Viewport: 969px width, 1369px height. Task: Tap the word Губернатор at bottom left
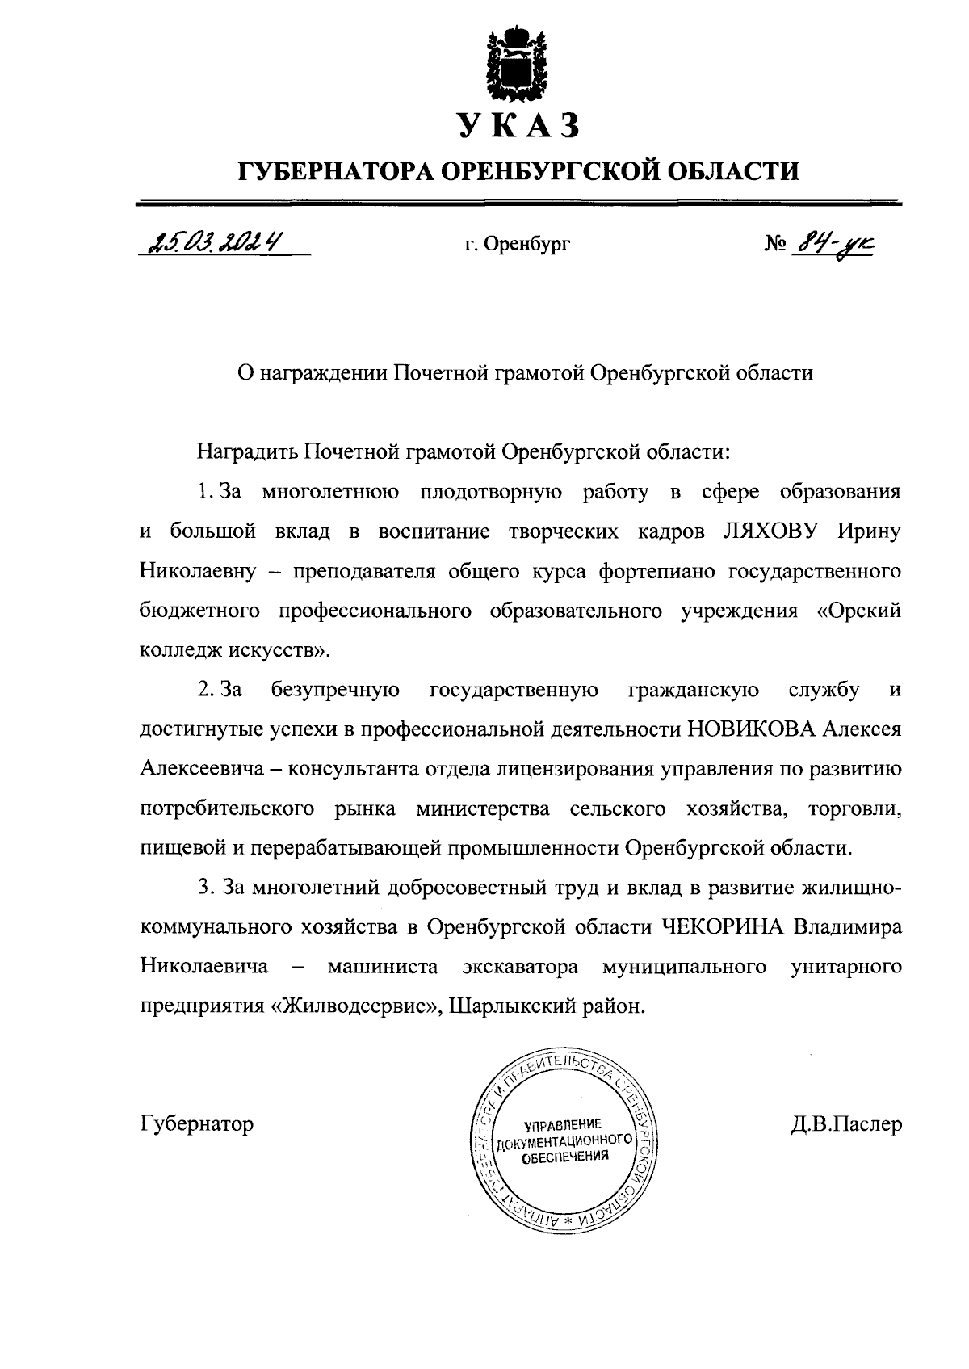coord(196,1123)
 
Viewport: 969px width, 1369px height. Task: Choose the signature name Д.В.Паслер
coord(846,1123)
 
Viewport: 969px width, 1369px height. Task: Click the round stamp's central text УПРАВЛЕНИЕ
coord(563,1124)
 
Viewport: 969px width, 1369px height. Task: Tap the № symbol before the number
coord(775,243)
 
